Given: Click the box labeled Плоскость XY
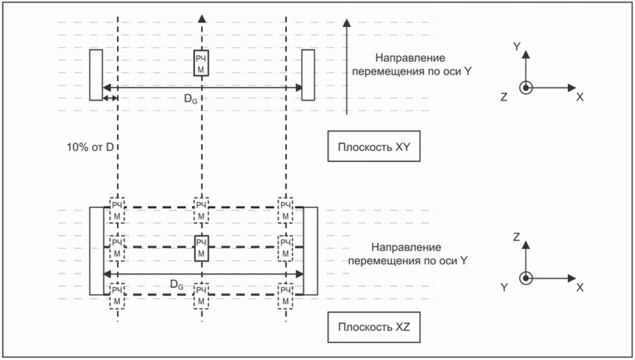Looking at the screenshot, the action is (374, 146).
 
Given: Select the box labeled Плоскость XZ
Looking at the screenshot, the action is (374, 327).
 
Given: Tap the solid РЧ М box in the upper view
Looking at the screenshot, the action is (201, 63).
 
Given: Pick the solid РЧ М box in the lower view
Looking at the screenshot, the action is (201, 248).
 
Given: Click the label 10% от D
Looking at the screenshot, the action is (90, 147).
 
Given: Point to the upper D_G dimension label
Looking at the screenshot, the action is (191, 98).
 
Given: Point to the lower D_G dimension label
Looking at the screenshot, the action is (177, 285).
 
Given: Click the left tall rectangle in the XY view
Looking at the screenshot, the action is (96, 75).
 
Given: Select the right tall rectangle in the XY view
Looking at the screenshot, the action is (308, 75).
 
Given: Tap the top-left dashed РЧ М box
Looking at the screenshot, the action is (117, 211).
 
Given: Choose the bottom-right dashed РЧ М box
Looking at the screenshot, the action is (286, 296).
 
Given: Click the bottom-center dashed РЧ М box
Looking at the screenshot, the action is (201, 296).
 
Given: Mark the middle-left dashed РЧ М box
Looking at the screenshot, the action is (117, 248).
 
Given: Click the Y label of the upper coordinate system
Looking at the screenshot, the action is (516, 46).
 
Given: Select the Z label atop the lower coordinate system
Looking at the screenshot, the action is (516, 237).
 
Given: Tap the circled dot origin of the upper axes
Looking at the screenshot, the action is (526, 87).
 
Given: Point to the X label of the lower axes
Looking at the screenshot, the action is (580, 287).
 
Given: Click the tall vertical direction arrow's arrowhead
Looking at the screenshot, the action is (346, 23).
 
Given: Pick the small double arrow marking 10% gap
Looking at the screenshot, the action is (110, 98).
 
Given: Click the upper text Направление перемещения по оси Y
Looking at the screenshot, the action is (411, 65).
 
